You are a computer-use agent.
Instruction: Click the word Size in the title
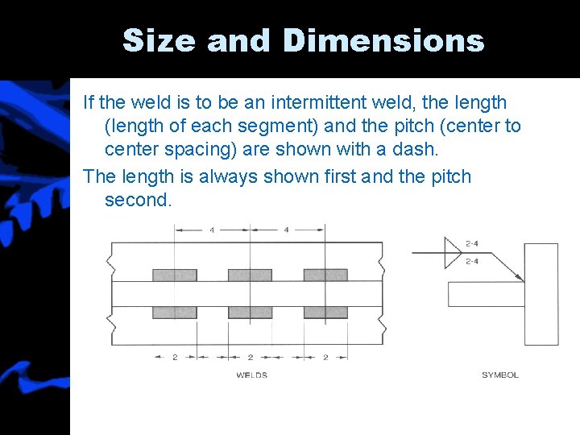pyautogui.click(x=158, y=40)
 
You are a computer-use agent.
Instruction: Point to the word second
pyautogui.click(x=138, y=200)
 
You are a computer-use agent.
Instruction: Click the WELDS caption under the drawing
pyautogui.click(x=252, y=375)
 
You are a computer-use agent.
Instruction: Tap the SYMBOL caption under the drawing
pyautogui.click(x=500, y=375)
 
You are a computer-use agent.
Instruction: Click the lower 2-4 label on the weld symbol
pyautogui.click(x=474, y=261)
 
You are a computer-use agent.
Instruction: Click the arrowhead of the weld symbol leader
pyautogui.click(x=520, y=278)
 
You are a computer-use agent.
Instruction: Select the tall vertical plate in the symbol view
pyautogui.click(x=541, y=294)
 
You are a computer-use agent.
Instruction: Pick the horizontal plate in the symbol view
pyautogui.click(x=486, y=294)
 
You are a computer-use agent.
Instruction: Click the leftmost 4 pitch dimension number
pyautogui.click(x=213, y=230)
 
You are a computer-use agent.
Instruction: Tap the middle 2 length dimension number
pyautogui.click(x=250, y=357)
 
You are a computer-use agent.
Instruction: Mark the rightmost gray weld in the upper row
pyautogui.click(x=325, y=275)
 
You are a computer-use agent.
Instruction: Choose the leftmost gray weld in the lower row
pyautogui.click(x=175, y=312)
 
